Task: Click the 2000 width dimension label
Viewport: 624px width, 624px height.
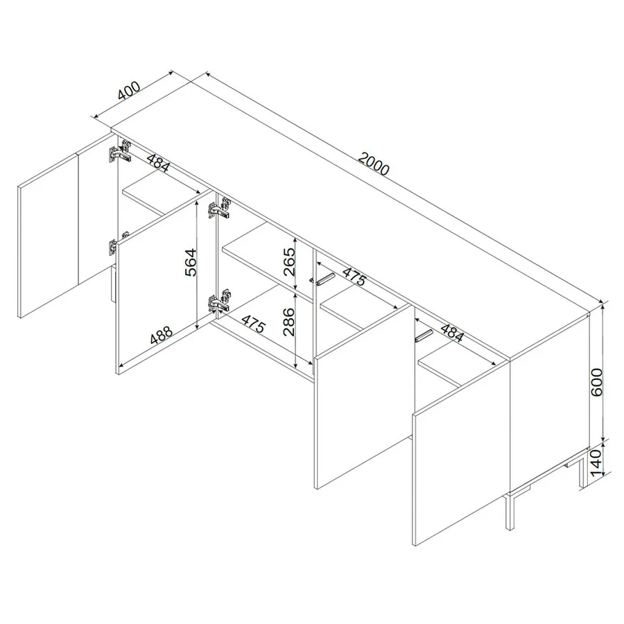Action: click(373, 164)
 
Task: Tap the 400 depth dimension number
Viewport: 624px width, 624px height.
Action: click(129, 91)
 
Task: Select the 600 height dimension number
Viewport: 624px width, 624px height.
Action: click(597, 382)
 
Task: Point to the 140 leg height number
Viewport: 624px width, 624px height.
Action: click(596, 463)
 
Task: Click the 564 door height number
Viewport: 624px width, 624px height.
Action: click(191, 262)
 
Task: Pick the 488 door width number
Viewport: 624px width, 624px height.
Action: click(161, 335)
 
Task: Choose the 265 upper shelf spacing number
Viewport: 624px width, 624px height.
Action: click(289, 262)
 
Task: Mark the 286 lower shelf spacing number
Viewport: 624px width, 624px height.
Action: click(289, 322)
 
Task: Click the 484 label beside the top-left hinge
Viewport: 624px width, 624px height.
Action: click(158, 162)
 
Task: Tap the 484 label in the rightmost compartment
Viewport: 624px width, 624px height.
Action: click(451, 333)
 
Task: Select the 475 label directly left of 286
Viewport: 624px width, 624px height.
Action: click(254, 324)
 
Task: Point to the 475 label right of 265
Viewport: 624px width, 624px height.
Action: click(354, 277)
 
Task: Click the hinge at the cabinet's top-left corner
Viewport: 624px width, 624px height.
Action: click(119, 152)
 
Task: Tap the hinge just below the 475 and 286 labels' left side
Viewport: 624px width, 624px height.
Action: click(218, 301)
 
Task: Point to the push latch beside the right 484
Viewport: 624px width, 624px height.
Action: click(423, 336)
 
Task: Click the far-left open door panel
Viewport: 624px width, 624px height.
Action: click(48, 234)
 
